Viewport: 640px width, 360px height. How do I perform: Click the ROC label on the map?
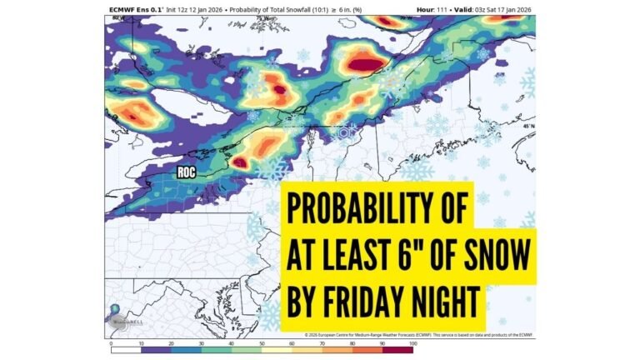pyautogui.click(x=187, y=173)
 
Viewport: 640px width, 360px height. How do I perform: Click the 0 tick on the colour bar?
pyautogui.click(x=112, y=342)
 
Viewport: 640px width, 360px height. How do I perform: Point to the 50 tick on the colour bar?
pyautogui.click(x=262, y=342)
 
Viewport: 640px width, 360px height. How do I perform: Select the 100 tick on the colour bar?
pyautogui.click(x=412, y=342)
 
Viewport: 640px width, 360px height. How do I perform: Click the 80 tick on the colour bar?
pyautogui.click(x=352, y=342)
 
